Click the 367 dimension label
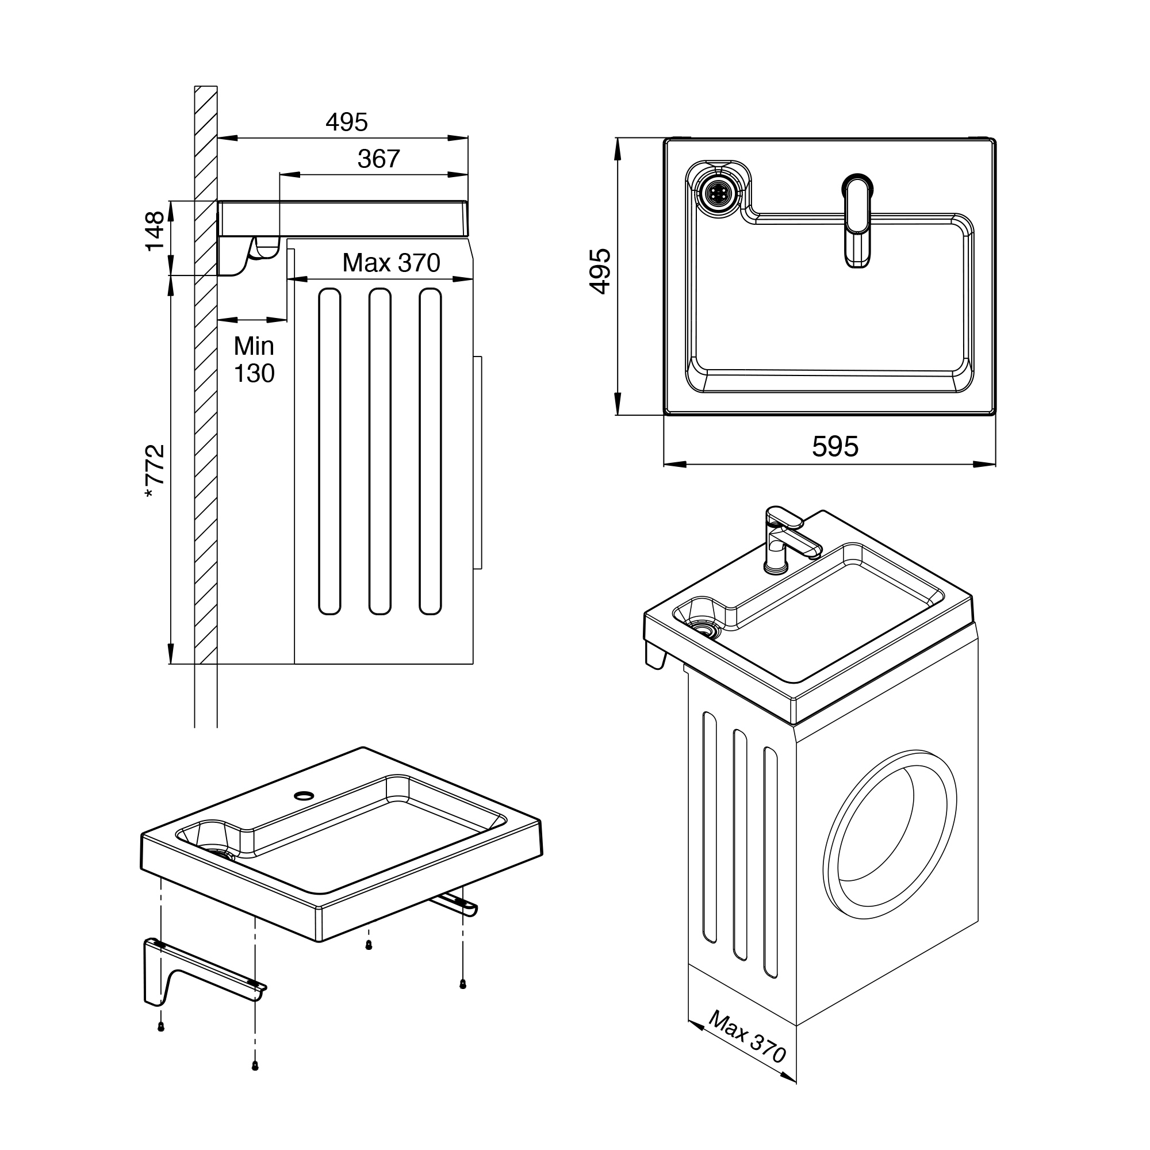click(378, 159)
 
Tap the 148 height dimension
click(154, 231)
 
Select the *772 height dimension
click(154, 471)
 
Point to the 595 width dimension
click(835, 446)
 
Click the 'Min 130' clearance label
click(254, 359)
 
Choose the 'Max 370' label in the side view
click(391, 263)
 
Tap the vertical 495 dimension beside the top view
click(600, 271)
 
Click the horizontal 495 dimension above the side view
click(346, 122)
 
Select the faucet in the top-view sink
click(857, 220)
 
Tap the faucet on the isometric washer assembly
click(791, 539)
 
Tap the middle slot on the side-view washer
click(379, 451)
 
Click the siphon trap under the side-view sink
click(267, 248)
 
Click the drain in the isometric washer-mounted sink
click(706, 630)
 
